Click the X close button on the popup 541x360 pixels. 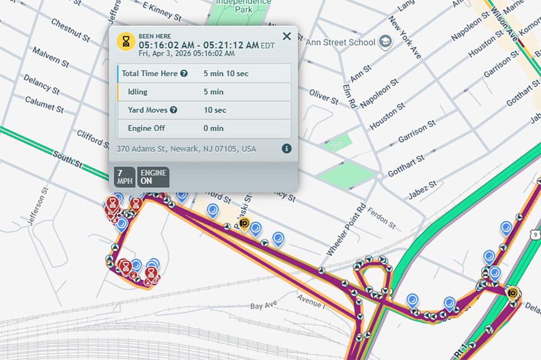pyautogui.click(x=287, y=36)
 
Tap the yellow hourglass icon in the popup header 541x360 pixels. pyautogui.click(x=126, y=41)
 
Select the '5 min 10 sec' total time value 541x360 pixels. pyautogui.click(x=226, y=74)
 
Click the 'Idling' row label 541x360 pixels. pyautogui.click(x=137, y=92)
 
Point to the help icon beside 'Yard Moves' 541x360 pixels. pyautogui.click(x=174, y=110)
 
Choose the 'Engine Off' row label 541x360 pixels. pyautogui.click(x=146, y=128)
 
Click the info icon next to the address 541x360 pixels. pyautogui.click(x=287, y=148)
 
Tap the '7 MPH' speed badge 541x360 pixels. pyautogui.click(x=125, y=177)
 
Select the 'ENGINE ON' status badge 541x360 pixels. pyautogui.click(x=154, y=177)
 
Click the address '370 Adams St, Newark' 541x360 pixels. pyautogui.click(x=186, y=149)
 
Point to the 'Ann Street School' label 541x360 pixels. pyautogui.click(x=340, y=42)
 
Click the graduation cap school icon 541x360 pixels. pyautogui.click(x=385, y=42)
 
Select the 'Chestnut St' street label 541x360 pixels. pyautogui.click(x=70, y=30)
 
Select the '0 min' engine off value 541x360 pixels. pyautogui.click(x=213, y=128)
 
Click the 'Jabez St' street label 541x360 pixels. pyautogui.click(x=425, y=188)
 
